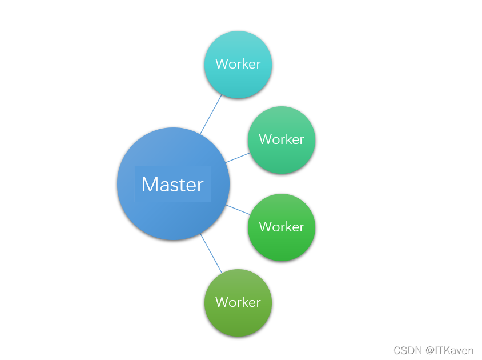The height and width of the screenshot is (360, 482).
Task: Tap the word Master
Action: pyautogui.click(x=172, y=185)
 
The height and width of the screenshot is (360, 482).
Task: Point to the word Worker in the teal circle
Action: pyautogui.click(x=238, y=64)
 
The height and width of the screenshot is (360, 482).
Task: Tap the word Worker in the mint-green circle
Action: pyautogui.click(x=282, y=139)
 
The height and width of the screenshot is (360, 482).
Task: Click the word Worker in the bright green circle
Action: pyautogui.click(x=282, y=227)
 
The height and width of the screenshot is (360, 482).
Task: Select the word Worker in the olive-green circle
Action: pyautogui.click(x=238, y=302)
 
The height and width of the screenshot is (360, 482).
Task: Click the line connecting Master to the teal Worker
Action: pyautogui.click(x=211, y=114)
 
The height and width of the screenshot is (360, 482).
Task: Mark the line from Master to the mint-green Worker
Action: pyautogui.click(x=238, y=157)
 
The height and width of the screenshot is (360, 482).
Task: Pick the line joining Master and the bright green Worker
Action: pyautogui.click(x=238, y=210)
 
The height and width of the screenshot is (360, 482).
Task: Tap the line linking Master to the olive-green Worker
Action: pyautogui.click(x=211, y=253)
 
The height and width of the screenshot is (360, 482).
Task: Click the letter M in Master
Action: pyautogui.click(x=149, y=185)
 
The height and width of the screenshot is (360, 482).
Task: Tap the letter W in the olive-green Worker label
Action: pyautogui.click(x=221, y=302)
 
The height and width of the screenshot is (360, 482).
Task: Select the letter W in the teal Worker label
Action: pyautogui.click(x=221, y=64)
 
